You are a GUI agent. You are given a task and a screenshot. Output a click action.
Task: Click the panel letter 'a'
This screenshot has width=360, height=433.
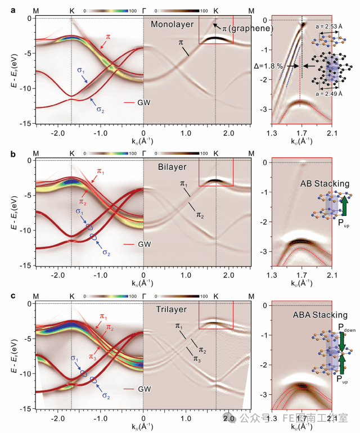(5, 4)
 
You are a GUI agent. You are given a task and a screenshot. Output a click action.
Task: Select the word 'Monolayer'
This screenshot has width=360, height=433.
(172, 25)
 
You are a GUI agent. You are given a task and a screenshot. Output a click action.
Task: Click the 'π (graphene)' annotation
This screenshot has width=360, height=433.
(248, 28)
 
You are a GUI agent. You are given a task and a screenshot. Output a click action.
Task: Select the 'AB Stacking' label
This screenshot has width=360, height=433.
(324, 184)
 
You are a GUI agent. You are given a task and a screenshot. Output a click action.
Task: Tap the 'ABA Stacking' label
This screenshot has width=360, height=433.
(323, 315)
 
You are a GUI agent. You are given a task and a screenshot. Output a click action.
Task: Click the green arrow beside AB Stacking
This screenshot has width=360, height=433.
(344, 207)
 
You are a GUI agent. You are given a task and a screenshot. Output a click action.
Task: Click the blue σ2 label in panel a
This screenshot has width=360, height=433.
(100, 110)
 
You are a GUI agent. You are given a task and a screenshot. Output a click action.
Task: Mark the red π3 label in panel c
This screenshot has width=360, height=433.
(93, 341)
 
